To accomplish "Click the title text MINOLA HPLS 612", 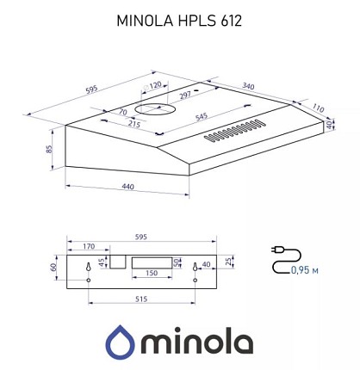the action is [x=179, y=21].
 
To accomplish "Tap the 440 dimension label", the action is [x=127, y=187].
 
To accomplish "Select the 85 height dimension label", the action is [x=49, y=149].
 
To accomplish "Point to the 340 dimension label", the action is [x=248, y=86].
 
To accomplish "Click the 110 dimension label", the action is [x=318, y=108].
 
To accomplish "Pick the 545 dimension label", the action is [x=202, y=117].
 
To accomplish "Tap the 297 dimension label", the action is [x=185, y=95].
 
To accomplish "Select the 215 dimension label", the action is [x=134, y=124].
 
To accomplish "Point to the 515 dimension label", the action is [x=141, y=299].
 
